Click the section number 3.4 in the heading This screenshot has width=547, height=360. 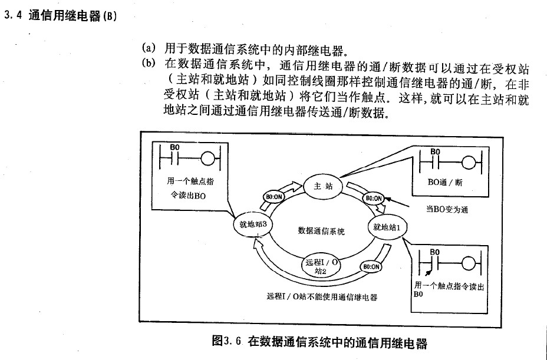click(13, 16)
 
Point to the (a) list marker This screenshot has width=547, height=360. click(148, 47)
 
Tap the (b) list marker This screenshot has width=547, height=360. click(148, 63)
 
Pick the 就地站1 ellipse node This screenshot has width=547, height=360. click(387, 226)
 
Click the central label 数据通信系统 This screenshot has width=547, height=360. click(321, 231)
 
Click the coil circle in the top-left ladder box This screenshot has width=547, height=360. click(209, 159)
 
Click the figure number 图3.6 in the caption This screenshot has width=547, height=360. click(227, 341)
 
